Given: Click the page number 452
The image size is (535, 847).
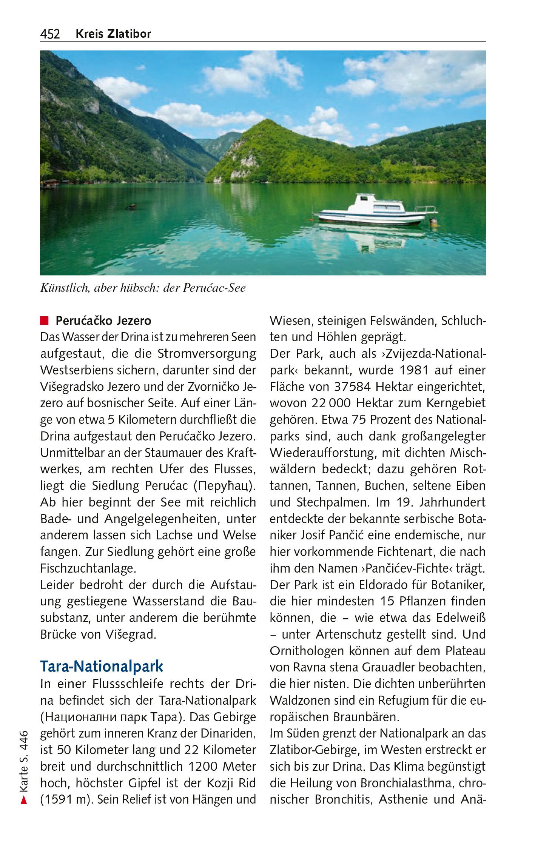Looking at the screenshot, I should click(50, 34).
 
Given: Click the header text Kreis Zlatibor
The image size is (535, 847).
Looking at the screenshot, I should click(113, 34).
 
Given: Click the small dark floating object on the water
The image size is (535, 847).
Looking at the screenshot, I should click(131, 206).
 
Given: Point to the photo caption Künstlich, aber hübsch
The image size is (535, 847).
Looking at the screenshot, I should click(143, 288).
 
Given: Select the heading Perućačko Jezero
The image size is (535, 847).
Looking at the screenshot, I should click(103, 321).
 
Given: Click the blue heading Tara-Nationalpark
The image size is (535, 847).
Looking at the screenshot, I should click(102, 667).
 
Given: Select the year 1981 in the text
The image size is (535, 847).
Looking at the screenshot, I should click(409, 370).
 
